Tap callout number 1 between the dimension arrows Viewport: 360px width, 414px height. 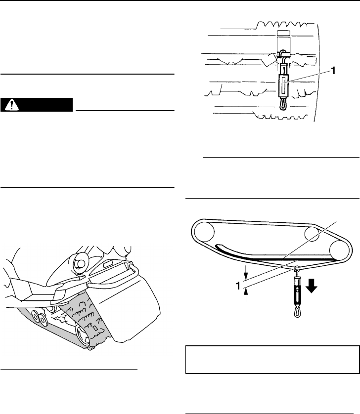[x=238, y=286]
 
